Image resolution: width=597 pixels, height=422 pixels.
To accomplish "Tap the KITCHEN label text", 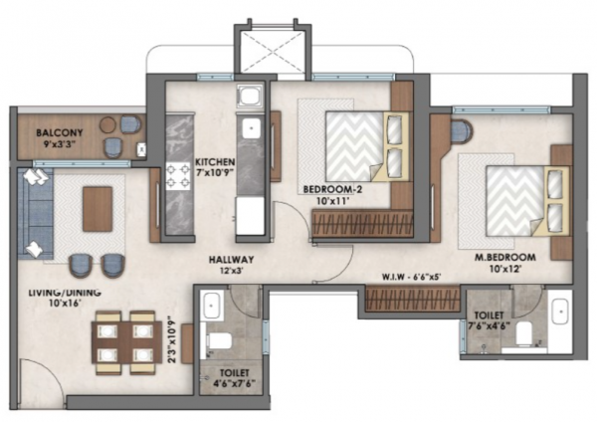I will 215,163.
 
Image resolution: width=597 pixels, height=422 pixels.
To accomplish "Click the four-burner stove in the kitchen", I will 178,176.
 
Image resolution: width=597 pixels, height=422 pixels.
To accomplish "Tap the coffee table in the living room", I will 97,209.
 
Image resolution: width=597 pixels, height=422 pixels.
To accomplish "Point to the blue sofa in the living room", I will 37,214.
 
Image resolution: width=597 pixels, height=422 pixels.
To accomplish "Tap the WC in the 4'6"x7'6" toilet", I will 221,341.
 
